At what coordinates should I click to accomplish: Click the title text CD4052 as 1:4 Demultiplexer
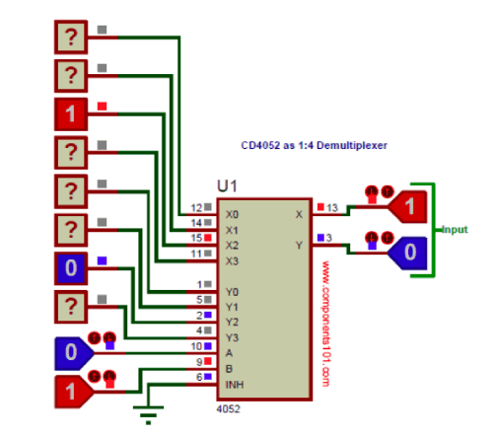(x=315, y=146)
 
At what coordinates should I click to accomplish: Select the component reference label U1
(x=228, y=186)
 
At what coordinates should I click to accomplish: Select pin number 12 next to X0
(x=197, y=208)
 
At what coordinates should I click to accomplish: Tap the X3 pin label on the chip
(x=231, y=260)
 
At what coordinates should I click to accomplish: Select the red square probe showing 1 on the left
(x=70, y=113)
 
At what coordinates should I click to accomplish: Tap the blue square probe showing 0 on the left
(x=70, y=267)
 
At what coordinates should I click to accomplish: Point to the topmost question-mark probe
(x=70, y=37)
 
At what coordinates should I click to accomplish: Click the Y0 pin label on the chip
(x=231, y=291)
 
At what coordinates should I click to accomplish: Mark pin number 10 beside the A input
(x=197, y=346)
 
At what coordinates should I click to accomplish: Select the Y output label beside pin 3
(x=299, y=245)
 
